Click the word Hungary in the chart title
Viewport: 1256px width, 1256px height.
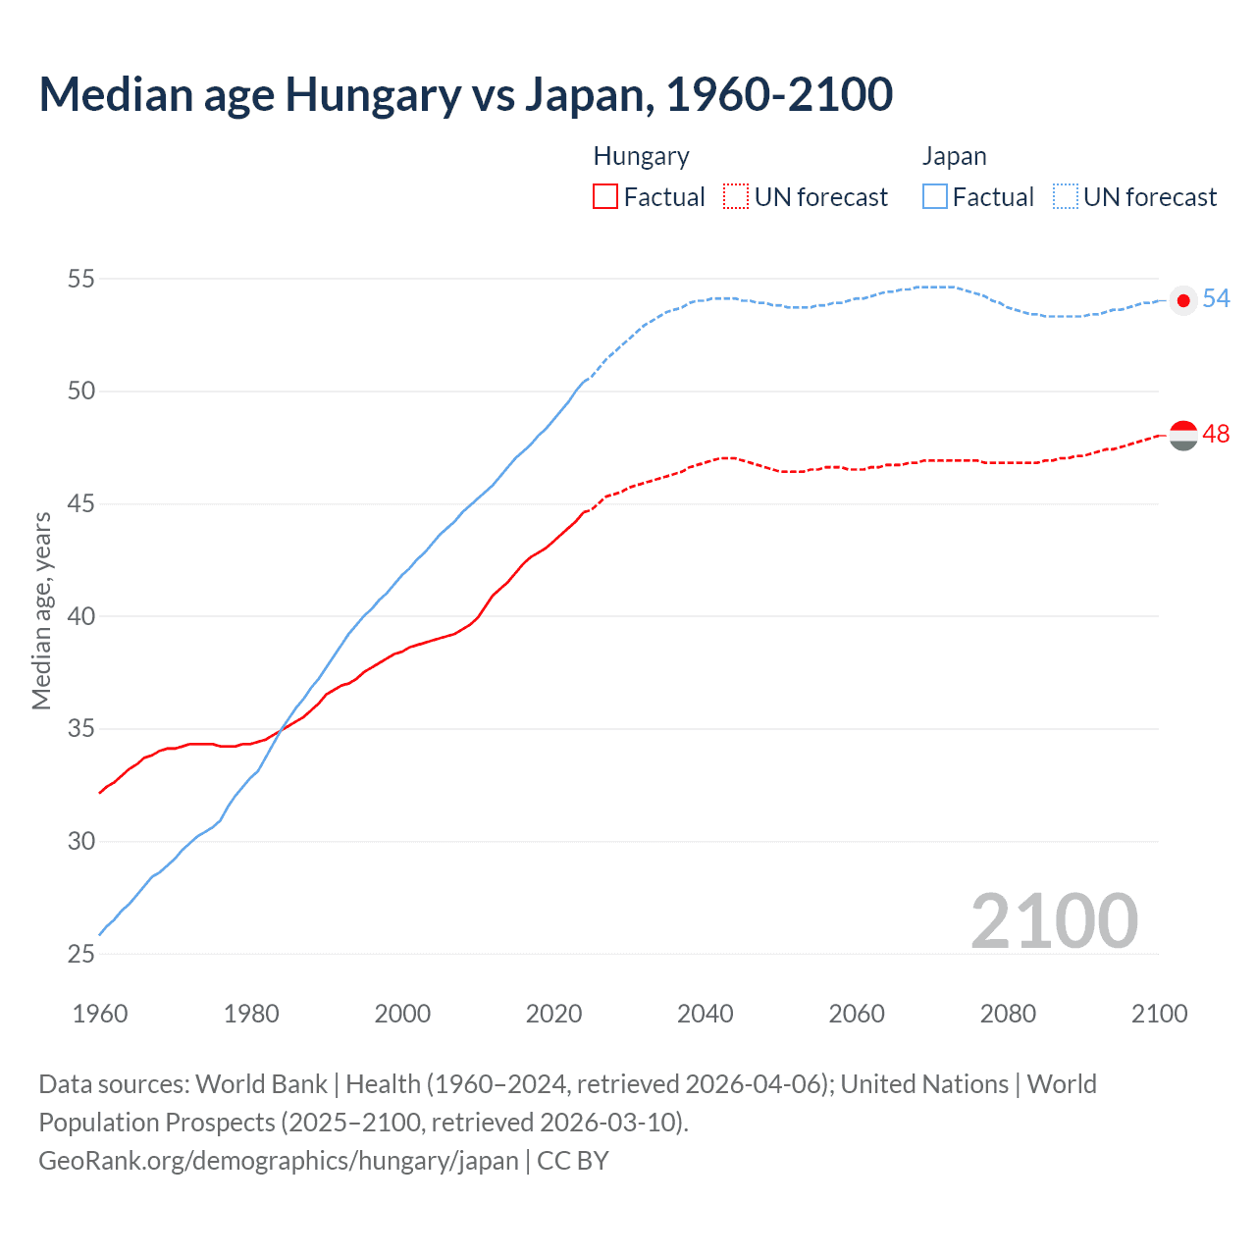[x=373, y=95]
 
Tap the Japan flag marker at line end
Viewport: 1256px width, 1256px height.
[x=1183, y=300]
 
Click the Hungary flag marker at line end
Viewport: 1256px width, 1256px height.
[x=1183, y=435]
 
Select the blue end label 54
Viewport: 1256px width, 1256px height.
[x=1216, y=298]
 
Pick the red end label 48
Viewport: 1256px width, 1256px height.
[x=1216, y=434]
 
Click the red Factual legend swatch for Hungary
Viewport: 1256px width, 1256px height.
[x=605, y=197]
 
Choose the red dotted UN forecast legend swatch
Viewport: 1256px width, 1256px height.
[x=736, y=197]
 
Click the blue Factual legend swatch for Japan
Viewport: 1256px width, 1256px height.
[x=935, y=197]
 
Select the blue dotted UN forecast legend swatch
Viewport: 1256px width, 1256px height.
[x=1066, y=197]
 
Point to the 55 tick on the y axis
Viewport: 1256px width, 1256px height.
[x=81, y=279]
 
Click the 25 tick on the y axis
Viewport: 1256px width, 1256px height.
[x=81, y=954]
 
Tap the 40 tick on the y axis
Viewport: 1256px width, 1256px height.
[x=81, y=616]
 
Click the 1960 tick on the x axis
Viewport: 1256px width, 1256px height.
[x=100, y=1014]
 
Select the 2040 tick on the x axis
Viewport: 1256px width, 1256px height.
[x=706, y=1014]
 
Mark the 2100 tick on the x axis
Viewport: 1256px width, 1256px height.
[x=1159, y=1014]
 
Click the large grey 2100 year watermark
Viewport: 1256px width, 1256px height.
[x=1054, y=921]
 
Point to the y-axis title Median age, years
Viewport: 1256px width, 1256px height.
[x=41, y=610]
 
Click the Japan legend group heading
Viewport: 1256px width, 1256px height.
[x=954, y=157]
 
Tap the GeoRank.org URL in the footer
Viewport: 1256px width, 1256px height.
[x=279, y=1161]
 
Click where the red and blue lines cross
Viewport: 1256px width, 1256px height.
[x=282, y=727]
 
